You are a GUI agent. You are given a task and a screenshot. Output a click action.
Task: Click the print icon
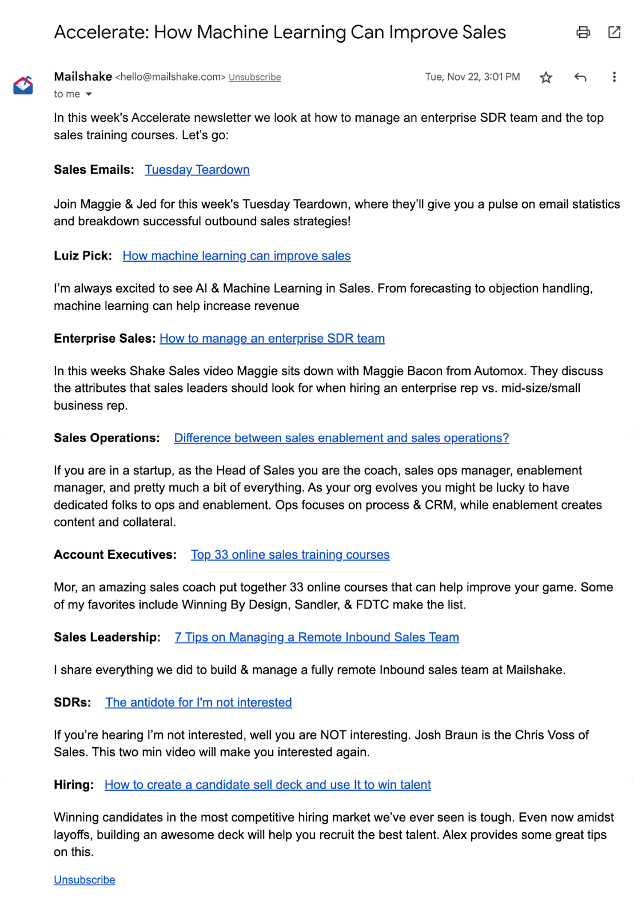coord(583,33)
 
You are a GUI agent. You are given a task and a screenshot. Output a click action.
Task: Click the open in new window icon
coord(614,33)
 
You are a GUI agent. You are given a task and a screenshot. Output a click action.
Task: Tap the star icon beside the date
coord(546,78)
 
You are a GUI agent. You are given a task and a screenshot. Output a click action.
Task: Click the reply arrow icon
coord(580,77)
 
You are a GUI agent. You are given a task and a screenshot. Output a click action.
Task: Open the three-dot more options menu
coord(614,77)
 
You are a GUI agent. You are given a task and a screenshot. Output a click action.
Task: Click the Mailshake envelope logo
coord(23,86)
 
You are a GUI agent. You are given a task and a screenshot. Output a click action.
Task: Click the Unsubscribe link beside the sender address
coord(254,77)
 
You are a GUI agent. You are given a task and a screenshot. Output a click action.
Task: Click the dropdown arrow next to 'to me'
coord(89,94)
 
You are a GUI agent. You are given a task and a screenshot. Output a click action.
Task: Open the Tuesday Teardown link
coord(197,170)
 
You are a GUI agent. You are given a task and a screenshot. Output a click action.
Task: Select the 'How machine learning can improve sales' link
coord(236,256)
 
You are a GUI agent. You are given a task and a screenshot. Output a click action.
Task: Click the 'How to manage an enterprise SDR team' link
coord(272,339)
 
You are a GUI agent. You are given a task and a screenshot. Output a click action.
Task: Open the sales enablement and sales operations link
coord(341,438)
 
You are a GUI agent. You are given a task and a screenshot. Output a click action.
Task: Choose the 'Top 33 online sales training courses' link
coord(290,555)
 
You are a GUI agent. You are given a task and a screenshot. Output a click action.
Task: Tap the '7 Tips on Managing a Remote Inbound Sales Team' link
coord(317,638)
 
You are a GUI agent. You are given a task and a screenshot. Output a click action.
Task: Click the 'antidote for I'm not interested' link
coord(198,703)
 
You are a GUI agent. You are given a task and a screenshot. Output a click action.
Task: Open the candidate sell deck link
coord(268,785)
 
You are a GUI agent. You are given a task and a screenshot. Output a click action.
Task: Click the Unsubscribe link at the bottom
coord(85,880)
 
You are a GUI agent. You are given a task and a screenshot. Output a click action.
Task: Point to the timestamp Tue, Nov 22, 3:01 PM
coord(472,77)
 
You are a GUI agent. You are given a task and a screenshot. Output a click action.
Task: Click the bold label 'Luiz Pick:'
coord(82,256)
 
